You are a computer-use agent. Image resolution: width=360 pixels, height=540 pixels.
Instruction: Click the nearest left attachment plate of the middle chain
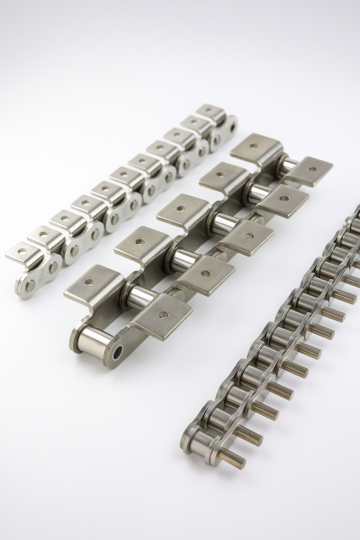[94, 281]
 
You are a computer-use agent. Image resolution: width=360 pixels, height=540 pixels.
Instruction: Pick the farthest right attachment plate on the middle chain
[306, 169]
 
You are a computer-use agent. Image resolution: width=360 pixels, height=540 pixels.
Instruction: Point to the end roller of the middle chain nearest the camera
[94, 339]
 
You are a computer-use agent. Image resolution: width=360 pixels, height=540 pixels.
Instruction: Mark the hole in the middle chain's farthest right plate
[308, 168]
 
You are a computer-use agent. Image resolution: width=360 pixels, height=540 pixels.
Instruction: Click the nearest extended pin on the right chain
[230, 460]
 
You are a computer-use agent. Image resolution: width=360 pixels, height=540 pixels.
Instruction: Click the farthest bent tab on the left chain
[211, 111]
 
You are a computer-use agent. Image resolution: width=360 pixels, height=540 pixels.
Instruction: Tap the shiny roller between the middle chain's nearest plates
[139, 297]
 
